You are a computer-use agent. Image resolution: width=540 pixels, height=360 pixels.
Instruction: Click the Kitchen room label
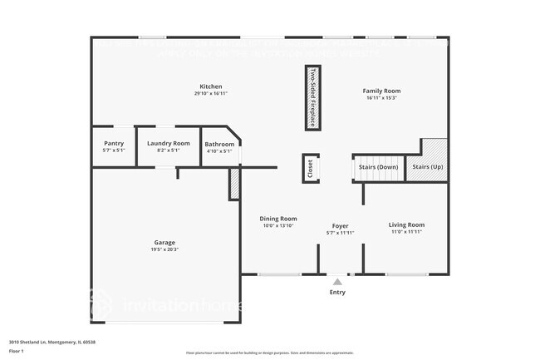coord(210,86)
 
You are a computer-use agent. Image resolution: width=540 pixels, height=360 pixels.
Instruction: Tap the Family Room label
coord(382,91)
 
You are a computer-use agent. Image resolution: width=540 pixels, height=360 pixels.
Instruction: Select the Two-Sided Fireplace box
coord(313,97)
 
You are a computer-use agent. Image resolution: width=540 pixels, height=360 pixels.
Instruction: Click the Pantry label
coord(113,143)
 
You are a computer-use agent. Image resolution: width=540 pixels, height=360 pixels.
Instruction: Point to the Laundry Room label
coord(169,143)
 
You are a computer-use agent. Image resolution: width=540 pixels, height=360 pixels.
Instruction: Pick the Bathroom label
coord(219,144)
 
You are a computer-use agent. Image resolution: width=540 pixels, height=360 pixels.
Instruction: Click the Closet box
coord(310,169)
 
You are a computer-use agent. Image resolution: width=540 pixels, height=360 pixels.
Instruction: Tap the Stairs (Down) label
coord(378,167)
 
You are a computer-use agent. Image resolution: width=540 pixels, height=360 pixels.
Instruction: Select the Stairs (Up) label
coord(427,167)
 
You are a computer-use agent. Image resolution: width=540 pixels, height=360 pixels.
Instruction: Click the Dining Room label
coord(279,219)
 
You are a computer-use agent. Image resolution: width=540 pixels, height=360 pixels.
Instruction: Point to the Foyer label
coord(340,225)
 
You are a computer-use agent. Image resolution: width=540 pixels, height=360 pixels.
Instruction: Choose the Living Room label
coord(407,224)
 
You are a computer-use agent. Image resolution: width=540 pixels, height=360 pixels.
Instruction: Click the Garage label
coord(164,242)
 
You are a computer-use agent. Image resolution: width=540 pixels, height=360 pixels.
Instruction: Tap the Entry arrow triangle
coord(337,282)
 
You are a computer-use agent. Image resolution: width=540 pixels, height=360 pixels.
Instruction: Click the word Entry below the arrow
coord(337,292)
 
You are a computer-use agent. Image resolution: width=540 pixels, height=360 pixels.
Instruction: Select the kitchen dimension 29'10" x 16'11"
coord(211,94)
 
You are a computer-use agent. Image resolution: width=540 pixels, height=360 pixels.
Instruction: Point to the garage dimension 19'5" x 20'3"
coord(164,249)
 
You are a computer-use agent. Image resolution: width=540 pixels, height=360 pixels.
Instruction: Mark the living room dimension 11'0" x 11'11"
coord(407,232)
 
